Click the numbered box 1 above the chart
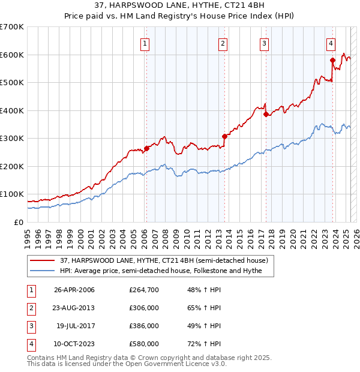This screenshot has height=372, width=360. coord(145,43)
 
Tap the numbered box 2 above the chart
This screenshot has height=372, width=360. coord(223,43)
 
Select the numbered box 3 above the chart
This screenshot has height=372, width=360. coord(264,43)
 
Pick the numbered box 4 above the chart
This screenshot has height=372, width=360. coord(331,43)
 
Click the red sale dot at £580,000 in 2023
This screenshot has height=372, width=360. coord(332,60)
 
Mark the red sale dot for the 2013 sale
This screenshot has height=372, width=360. coord(224,136)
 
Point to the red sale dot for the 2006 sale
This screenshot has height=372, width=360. coord(146,148)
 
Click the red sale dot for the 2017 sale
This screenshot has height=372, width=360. coord(266,114)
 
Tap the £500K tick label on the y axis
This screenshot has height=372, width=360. coord(13,82)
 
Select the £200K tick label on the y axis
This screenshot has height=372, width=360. coord(13,166)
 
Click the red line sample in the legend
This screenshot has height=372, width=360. coord(43,260)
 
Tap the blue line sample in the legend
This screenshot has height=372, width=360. coord(43,271)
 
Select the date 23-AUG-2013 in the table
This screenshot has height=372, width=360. coord(74,308)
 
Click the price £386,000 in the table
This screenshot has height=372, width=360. coord(144,326)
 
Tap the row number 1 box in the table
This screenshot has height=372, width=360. coord(31,290)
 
